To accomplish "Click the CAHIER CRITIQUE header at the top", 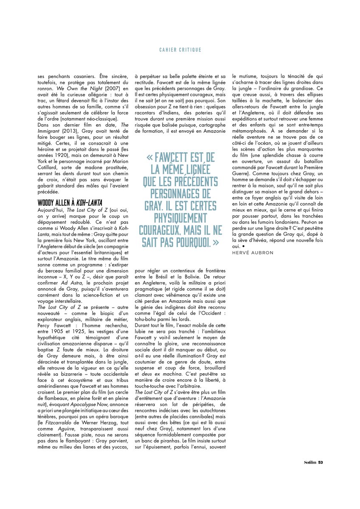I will pos(180,50).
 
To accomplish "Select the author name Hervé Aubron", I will pos(253,252).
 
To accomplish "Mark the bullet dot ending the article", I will pos(245,246).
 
